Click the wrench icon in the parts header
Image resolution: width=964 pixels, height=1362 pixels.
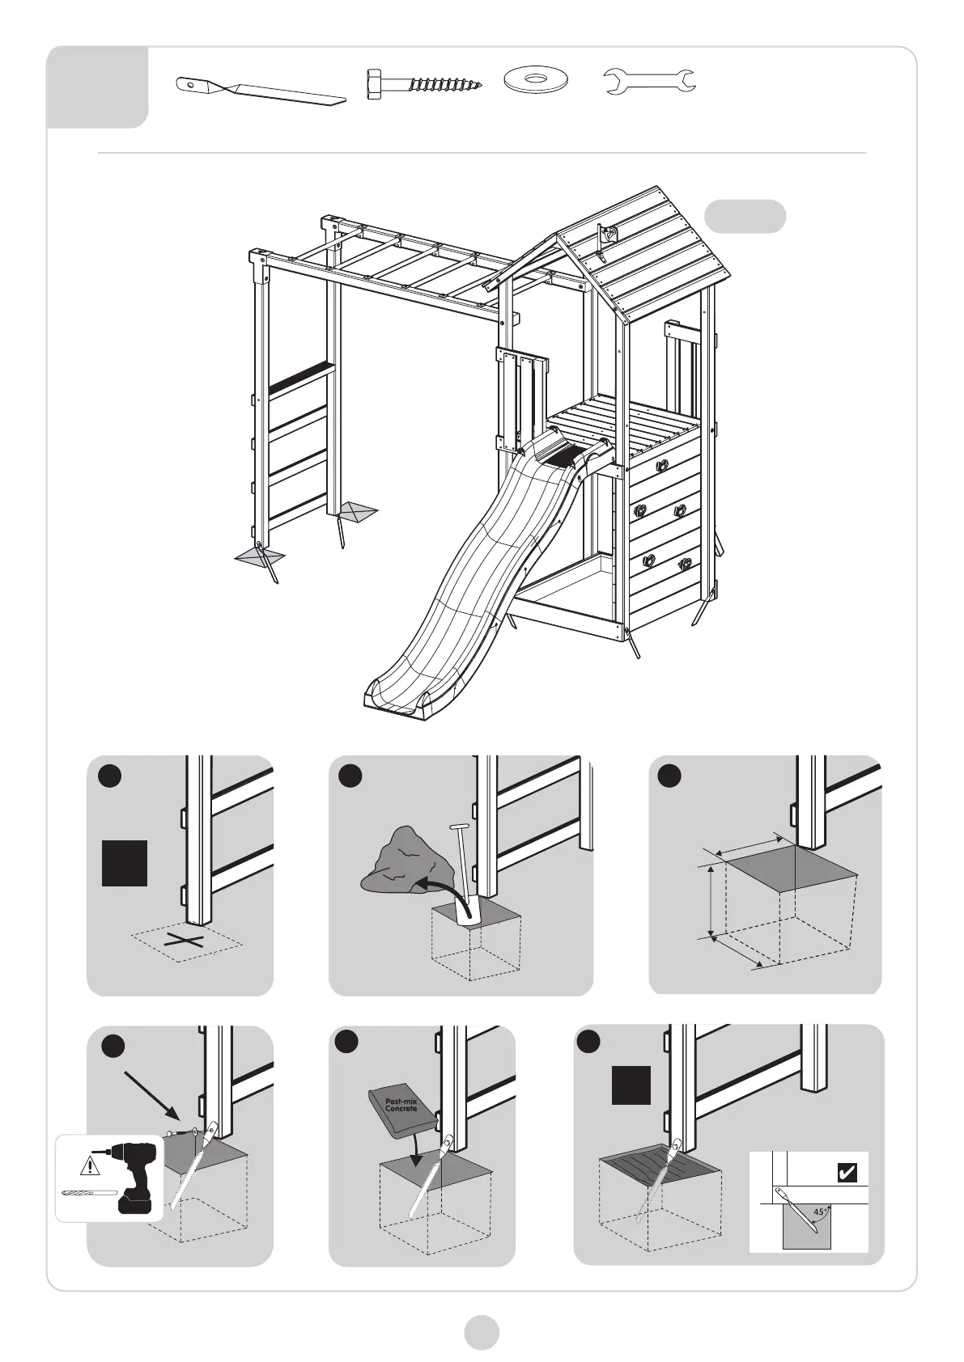point(651,82)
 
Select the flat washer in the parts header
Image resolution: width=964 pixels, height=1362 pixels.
point(536,80)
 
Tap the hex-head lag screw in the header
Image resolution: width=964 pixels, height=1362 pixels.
point(424,84)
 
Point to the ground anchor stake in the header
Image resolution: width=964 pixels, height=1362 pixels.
point(261,91)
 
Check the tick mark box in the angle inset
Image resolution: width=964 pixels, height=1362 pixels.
point(847,1173)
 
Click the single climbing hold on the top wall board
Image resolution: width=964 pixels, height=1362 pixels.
point(662,465)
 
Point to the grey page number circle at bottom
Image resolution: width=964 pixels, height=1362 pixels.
point(482,1331)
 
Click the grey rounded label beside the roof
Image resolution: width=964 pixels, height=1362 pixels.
point(745,217)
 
